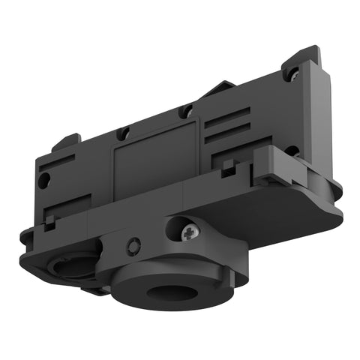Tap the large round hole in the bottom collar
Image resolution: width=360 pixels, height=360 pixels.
[163, 289]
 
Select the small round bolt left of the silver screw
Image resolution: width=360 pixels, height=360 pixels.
[134, 244]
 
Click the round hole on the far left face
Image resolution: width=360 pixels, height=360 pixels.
[45, 179]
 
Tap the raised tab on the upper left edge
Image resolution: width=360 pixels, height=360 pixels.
[67, 140]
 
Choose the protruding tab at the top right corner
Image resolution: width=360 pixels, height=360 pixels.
[304, 60]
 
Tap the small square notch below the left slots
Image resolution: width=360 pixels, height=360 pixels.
[50, 220]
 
